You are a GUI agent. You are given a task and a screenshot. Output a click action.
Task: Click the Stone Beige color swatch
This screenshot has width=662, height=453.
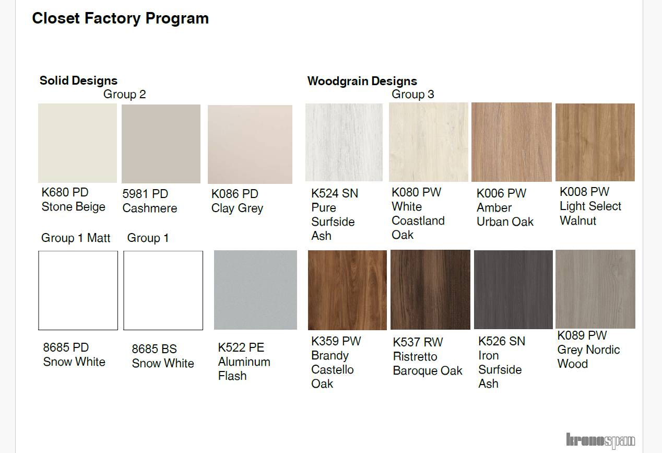tap(77, 143)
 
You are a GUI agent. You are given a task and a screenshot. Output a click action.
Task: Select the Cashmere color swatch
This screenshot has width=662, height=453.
tap(161, 144)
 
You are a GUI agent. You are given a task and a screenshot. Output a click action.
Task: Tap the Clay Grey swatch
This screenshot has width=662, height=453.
tap(250, 144)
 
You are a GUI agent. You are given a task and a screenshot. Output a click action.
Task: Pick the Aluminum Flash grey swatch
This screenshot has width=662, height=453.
tap(255, 290)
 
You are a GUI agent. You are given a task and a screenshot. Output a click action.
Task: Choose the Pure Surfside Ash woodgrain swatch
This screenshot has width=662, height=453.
tap(344, 142)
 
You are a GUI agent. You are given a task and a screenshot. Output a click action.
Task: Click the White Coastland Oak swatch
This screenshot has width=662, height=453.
tap(429, 142)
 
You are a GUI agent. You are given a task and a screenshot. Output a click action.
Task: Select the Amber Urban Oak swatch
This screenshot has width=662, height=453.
tap(512, 142)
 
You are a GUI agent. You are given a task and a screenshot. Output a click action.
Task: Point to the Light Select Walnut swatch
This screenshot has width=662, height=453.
tap(595, 142)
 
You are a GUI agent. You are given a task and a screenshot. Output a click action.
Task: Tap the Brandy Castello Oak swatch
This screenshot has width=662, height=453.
tap(347, 290)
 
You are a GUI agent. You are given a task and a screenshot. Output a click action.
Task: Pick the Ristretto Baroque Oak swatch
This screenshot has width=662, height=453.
tap(430, 289)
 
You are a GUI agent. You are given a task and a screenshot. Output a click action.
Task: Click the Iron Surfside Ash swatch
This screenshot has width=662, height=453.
tap(513, 289)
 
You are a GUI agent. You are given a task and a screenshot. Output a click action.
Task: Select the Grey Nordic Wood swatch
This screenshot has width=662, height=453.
tap(595, 289)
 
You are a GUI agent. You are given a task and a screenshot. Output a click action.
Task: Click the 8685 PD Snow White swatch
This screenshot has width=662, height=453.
tap(78, 291)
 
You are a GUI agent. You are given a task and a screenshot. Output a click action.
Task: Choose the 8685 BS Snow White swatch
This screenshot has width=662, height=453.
tap(163, 291)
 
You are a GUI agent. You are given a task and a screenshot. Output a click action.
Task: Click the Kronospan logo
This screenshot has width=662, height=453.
tap(600, 440)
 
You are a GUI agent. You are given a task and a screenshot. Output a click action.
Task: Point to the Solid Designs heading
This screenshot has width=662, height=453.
tap(78, 80)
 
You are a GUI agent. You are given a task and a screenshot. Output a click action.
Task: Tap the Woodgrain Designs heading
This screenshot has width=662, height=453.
tap(362, 82)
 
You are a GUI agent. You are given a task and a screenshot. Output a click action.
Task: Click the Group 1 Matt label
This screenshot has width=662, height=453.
tap(76, 238)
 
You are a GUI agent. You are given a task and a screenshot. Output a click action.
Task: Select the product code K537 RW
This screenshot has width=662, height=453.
tap(418, 342)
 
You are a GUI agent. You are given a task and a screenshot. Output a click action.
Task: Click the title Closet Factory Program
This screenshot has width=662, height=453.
tap(120, 19)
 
